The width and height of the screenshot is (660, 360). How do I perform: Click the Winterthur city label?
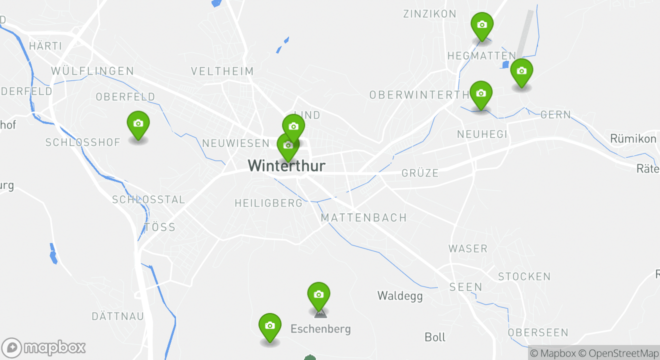(286, 166)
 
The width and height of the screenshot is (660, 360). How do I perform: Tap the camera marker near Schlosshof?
(138, 124)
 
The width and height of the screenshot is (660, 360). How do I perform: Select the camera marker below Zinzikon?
(482, 25)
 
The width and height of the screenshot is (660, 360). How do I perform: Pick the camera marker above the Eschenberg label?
(318, 295)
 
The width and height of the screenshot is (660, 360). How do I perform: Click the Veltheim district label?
(222, 71)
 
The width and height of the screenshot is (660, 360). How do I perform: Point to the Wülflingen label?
(92, 71)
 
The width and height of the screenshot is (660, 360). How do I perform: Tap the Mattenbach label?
(363, 218)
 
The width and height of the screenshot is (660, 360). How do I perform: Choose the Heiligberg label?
(268, 203)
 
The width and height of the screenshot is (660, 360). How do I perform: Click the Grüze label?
(420, 173)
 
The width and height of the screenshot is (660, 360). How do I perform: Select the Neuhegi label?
(482, 134)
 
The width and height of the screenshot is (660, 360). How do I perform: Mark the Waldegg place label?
(399, 296)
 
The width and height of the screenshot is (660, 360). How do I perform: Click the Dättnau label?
(117, 316)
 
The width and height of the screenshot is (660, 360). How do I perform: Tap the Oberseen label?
(538, 332)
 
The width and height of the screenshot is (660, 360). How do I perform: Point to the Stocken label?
(524, 276)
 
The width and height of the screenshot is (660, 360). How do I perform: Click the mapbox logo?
(43, 347)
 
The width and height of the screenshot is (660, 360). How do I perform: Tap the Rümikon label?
(633, 138)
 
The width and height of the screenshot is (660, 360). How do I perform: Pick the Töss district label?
(160, 227)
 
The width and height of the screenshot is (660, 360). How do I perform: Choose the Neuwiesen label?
(235, 143)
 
